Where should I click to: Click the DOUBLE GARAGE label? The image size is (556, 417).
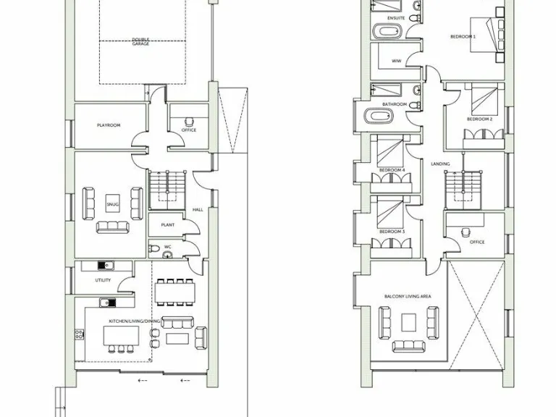(x=140, y=41)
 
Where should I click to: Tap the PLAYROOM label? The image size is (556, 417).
(x=108, y=125)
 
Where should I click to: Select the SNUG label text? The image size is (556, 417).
(x=112, y=205)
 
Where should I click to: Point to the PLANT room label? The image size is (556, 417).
(x=167, y=225)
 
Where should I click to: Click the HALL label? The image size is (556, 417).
(x=197, y=210)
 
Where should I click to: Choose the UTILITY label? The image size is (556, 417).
(x=103, y=280)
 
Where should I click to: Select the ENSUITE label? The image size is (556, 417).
(x=396, y=17)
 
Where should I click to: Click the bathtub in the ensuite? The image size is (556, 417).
(x=387, y=33)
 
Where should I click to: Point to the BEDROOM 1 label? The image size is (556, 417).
(x=463, y=35)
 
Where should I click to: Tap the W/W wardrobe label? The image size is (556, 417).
(x=396, y=61)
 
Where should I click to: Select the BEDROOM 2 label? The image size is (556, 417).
(x=479, y=119)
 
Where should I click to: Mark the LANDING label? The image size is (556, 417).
(x=440, y=164)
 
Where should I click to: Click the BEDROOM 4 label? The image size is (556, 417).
(x=392, y=171)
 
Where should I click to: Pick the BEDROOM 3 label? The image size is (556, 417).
(x=392, y=232)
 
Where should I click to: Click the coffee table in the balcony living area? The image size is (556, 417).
(x=410, y=321)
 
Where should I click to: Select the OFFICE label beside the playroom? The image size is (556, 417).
(x=189, y=130)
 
